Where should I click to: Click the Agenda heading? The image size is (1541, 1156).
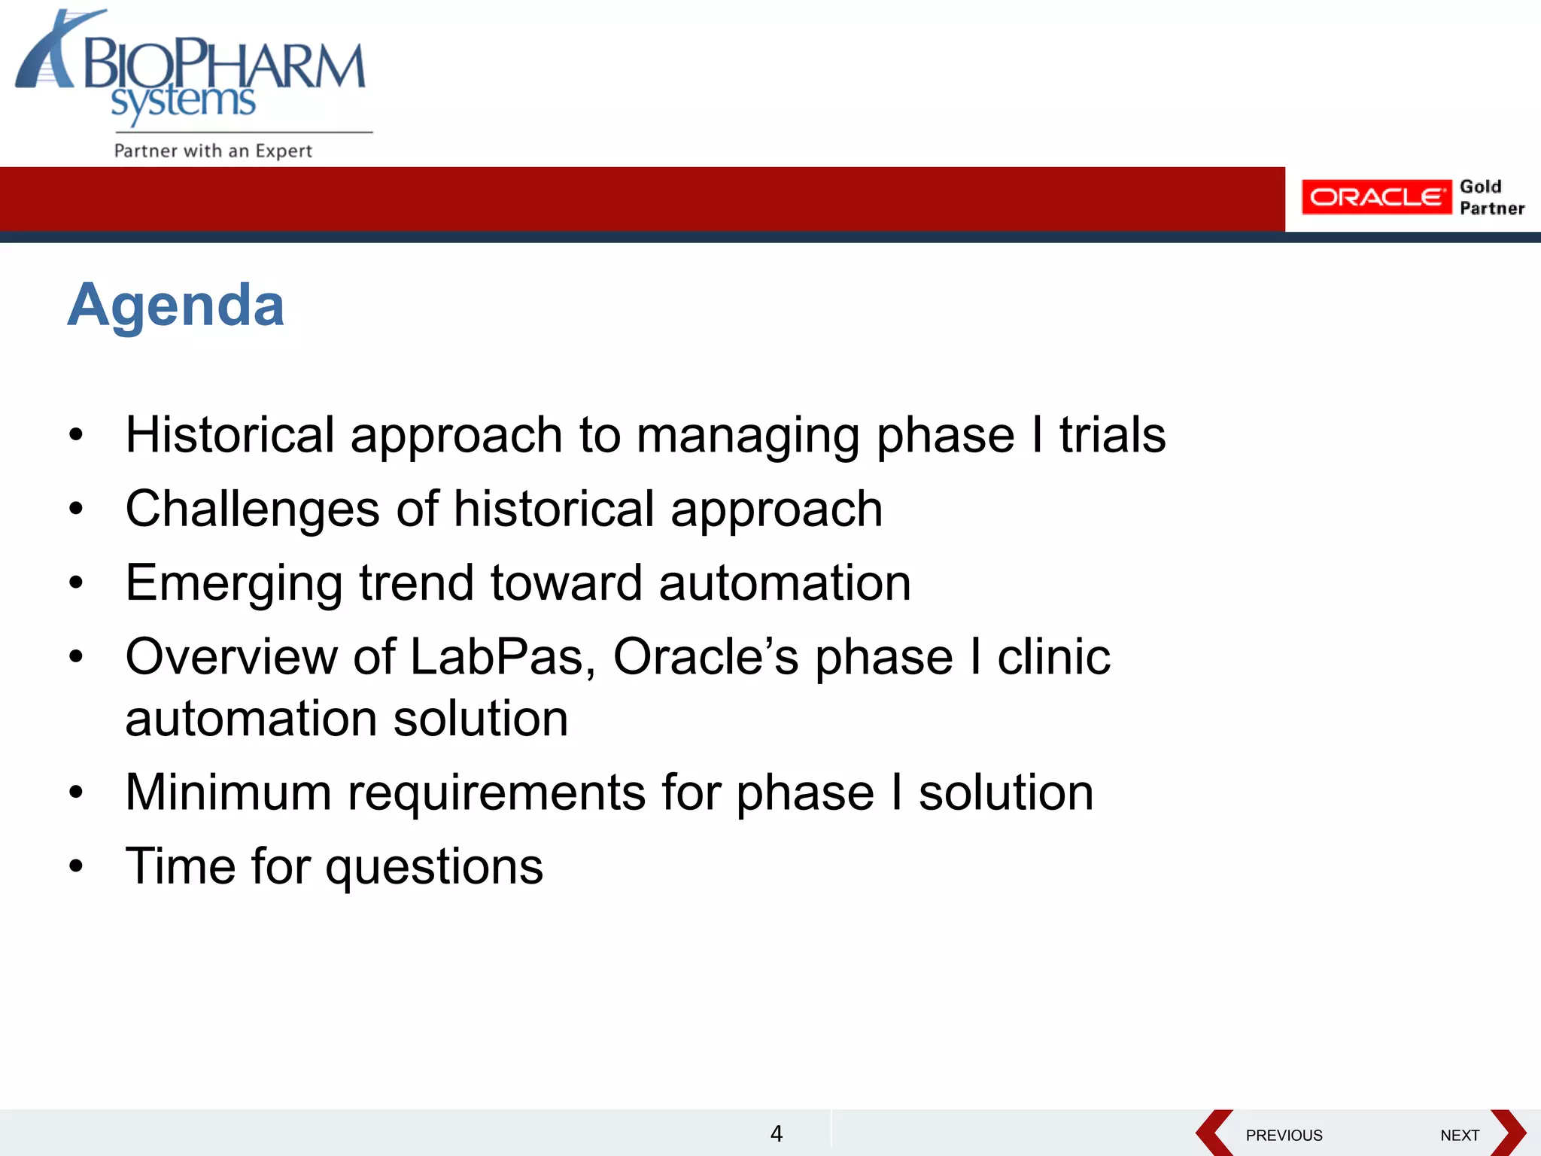tap(176, 305)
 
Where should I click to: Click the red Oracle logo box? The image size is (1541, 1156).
tap(1375, 197)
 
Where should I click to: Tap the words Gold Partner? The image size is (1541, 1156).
tap(1491, 197)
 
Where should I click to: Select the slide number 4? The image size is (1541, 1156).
tap(777, 1133)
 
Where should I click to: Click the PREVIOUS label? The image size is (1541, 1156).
tap(1284, 1135)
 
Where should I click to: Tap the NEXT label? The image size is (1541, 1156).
tap(1459, 1135)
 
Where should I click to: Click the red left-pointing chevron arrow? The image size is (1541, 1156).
tap(1213, 1133)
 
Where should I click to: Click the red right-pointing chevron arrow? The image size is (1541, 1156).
tap(1508, 1133)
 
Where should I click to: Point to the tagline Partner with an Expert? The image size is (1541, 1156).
tap(213, 151)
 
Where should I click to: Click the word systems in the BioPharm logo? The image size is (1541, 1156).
tap(184, 102)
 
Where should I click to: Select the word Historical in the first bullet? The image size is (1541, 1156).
tap(229, 435)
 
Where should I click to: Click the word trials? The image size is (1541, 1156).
tap(1112, 435)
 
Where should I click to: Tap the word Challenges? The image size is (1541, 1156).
tap(252, 510)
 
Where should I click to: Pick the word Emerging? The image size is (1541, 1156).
tap(233, 584)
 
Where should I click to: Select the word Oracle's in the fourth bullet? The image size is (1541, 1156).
tap(706, 656)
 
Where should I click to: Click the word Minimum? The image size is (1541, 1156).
tap(228, 792)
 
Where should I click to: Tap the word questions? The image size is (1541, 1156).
tap(434, 866)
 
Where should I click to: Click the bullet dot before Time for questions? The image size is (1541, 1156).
tap(75, 866)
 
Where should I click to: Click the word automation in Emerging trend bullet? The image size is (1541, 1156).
tap(784, 583)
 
